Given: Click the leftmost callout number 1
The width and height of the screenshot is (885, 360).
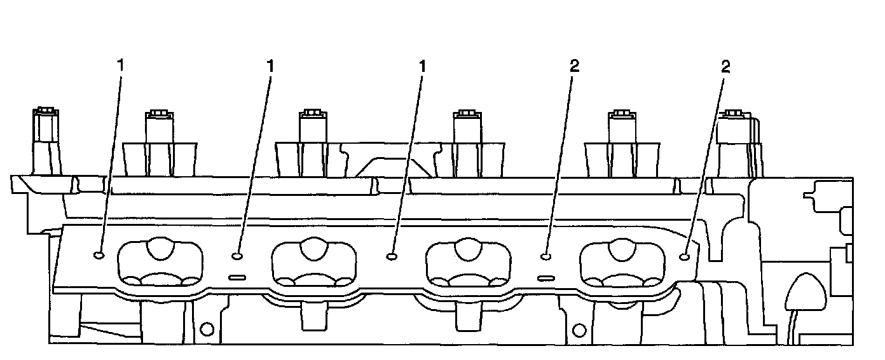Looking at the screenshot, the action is click(121, 65).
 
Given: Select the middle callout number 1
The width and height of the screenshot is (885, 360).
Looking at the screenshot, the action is click(271, 65).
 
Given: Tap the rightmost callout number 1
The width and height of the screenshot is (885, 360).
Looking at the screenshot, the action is click(422, 65).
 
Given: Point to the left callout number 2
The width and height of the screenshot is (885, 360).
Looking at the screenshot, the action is click(575, 65).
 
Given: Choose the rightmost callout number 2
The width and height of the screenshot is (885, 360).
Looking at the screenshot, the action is click(725, 65).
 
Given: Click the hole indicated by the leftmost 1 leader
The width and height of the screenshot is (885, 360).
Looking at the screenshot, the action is click(99, 255).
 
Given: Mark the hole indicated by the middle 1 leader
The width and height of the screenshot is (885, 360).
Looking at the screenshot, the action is click(237, 256).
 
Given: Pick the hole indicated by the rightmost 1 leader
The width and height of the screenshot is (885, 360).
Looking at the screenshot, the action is click(391, 256).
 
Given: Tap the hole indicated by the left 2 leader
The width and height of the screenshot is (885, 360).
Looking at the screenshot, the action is click(545, 256).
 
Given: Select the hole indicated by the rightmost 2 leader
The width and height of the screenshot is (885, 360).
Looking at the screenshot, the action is click(685, 256).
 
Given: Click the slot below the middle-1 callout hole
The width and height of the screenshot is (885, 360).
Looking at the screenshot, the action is click(237, 277).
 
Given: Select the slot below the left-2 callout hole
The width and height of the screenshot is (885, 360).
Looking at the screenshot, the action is click(546, 278).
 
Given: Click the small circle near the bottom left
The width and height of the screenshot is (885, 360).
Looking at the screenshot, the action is click(206, 329).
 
